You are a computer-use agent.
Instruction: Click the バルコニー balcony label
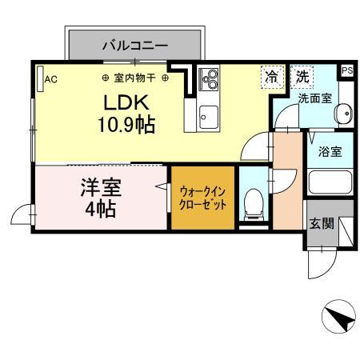[x=134, y=46]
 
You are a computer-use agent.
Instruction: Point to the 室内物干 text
[x=134, y=78]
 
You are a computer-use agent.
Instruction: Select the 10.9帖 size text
[x=127, y=125]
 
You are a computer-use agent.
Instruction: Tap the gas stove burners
[x=210, y=79]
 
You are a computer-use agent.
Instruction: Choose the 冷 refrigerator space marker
[x=273, y=78]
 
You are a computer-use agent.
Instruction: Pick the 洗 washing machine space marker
[x=302, y=78]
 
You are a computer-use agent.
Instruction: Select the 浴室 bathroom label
[x=330, y=150]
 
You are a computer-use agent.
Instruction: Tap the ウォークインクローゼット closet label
[x=202, y=197]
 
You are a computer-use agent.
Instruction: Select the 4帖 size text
[x=100, y=210]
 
